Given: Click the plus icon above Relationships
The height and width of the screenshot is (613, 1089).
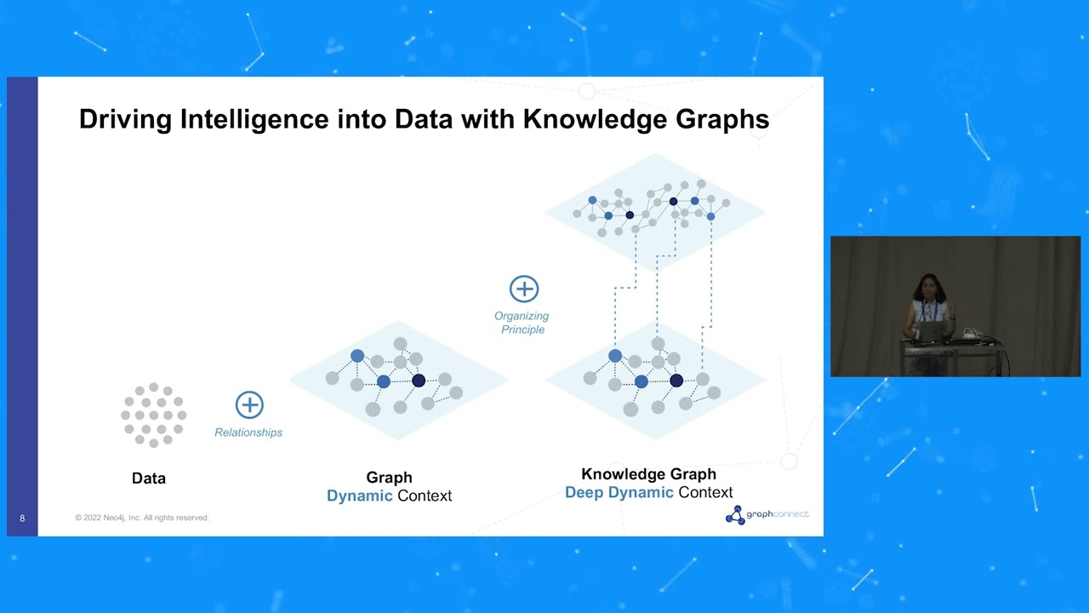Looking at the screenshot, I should (x=249, y=404).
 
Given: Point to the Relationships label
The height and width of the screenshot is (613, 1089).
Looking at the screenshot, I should (x=248, y=433).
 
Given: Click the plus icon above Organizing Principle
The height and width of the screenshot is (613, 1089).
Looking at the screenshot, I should (x=524, y=289).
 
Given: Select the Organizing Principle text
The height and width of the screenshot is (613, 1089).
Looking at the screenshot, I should (x=522, y=323).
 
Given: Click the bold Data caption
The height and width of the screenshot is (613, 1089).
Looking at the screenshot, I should (x=149, y=478).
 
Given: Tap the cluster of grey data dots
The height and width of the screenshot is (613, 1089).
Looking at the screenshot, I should (x=153, y=415).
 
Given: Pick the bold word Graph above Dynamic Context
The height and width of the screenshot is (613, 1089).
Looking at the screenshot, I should (x=389, y=478).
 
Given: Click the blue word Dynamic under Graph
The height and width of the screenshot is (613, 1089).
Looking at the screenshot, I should (x=360, y=496).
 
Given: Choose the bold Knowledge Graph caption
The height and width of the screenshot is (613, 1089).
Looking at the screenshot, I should (x=648, y=474).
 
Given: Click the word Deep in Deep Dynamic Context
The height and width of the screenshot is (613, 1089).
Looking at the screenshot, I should (x=584, y=492).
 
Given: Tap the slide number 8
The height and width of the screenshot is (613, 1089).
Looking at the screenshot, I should (x=22, y=518).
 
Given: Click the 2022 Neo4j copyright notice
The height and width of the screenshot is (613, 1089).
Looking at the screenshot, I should (x=141, y=518).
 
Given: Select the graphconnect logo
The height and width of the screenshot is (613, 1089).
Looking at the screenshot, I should (x=767, y=514).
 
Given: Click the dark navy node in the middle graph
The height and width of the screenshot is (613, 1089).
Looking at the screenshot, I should (x=419, y=381).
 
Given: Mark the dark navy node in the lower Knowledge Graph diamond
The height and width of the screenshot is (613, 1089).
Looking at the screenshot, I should (x=676, y=381).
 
